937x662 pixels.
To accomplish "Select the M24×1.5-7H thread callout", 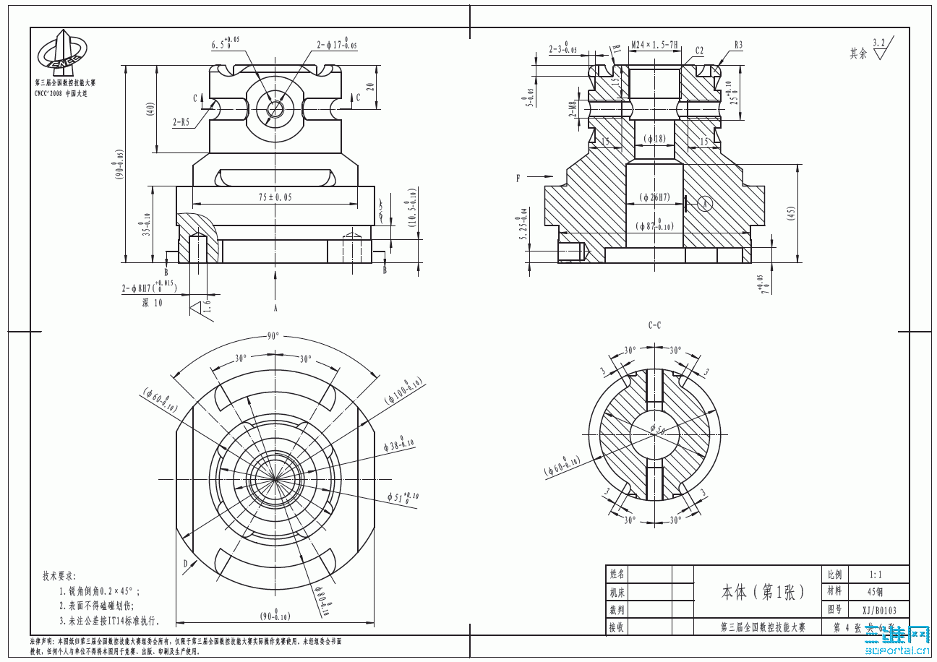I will tap(654, 45).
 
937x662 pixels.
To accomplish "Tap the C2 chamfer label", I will tap(699, 51).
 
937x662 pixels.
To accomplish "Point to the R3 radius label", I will tap(738, 45).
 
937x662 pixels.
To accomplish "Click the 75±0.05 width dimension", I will tap(275, 197).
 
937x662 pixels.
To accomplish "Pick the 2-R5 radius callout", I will tap(181, 122).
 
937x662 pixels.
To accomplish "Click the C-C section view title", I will tap(654, 325).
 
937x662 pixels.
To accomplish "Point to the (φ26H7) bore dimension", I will tap(654, 197).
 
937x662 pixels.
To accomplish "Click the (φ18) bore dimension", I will tap(654, 138).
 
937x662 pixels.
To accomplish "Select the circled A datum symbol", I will tap(706, 204).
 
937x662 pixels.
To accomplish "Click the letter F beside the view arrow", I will tap(518, 177).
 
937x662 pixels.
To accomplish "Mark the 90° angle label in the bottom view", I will tap(273, 336).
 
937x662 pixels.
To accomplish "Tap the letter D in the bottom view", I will tap(185, 563).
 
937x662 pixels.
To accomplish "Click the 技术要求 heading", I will tap(59, 576).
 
